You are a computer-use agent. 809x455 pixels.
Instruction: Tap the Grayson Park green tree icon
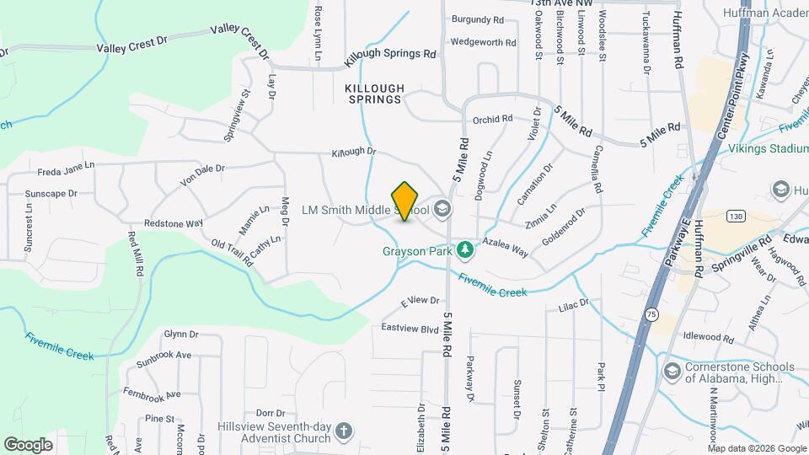point(463,250)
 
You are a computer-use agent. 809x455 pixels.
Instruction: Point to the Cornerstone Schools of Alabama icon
point(672,372)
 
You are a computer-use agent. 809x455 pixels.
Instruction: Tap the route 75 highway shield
point(652,314)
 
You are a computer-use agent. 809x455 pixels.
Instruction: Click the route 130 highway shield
point(737,217)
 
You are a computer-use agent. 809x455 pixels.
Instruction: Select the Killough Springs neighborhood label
point(375,94)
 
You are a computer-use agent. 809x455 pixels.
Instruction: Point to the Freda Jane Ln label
point(66,170)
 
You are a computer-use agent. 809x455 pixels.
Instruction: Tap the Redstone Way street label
point(174,223)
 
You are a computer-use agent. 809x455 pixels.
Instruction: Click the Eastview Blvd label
point(410,327)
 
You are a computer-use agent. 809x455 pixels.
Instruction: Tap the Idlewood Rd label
point(709,337)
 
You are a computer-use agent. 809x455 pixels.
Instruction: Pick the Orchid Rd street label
point(493,120)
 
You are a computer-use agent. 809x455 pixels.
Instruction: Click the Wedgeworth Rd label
point(483,42)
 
